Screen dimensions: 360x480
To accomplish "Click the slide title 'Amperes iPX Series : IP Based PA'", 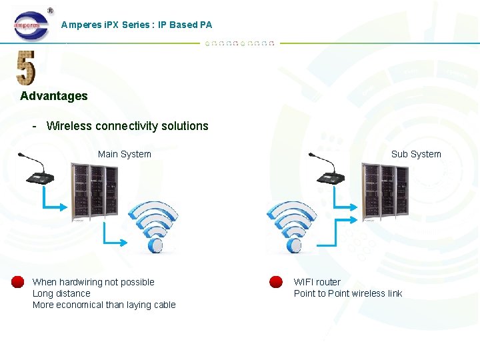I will click(136, 25).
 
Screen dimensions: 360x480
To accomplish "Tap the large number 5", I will click(26, 68).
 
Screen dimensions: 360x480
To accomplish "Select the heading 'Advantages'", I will click(54, 96).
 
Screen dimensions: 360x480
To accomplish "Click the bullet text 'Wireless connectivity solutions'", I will click(127, 126).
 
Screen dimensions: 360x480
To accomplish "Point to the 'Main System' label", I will click(124, 154).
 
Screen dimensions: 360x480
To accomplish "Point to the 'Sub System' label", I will click(416, 154).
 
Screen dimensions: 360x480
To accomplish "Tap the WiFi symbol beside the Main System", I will click(154, 227).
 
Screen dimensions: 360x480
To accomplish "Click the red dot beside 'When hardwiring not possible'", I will click(18, 282).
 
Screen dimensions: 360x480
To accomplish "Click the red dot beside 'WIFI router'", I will click(275, 282).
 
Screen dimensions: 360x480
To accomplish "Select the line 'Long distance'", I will click(61, 293).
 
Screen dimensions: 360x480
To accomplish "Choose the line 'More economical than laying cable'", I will click(104, 305).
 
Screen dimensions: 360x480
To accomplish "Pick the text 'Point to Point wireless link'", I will click(348, 293).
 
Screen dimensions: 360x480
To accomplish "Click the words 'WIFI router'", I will click(317, 282).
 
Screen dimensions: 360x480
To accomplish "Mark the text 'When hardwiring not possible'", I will click(93, 282).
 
